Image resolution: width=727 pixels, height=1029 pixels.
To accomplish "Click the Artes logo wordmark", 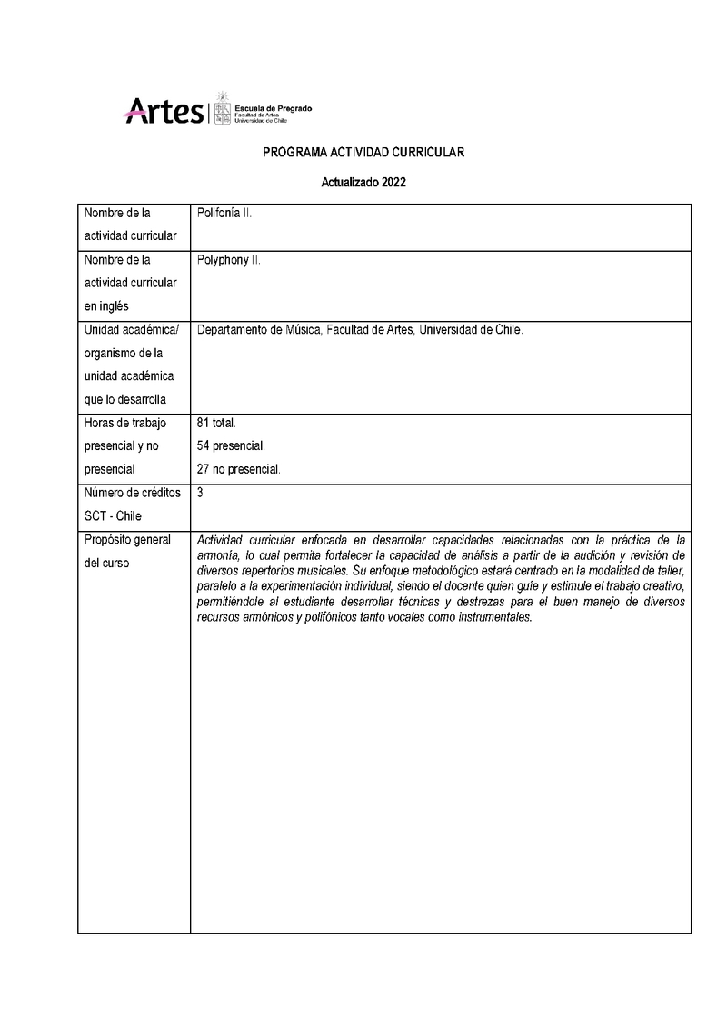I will click(164, 111).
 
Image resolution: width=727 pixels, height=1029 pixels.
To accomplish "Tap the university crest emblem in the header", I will click(222, 108).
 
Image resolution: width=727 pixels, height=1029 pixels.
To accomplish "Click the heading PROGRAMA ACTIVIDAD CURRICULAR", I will click(363, 153).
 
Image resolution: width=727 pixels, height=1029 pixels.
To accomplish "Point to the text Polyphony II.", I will click(229, 260).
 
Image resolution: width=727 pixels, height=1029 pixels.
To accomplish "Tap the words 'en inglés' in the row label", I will click(106, 305).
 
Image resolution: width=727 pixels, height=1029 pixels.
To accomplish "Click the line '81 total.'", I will click(216, 424).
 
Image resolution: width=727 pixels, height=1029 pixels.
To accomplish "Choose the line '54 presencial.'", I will click(231, 446).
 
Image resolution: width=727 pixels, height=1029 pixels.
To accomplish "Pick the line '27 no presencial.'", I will click(239, 469).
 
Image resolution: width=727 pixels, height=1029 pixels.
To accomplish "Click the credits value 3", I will click(200, 493).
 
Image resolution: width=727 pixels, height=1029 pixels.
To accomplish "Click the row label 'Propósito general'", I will click(127, 540).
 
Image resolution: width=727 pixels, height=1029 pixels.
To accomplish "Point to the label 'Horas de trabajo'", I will click(125, 424).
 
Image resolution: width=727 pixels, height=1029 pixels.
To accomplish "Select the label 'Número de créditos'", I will click(132, 493).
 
